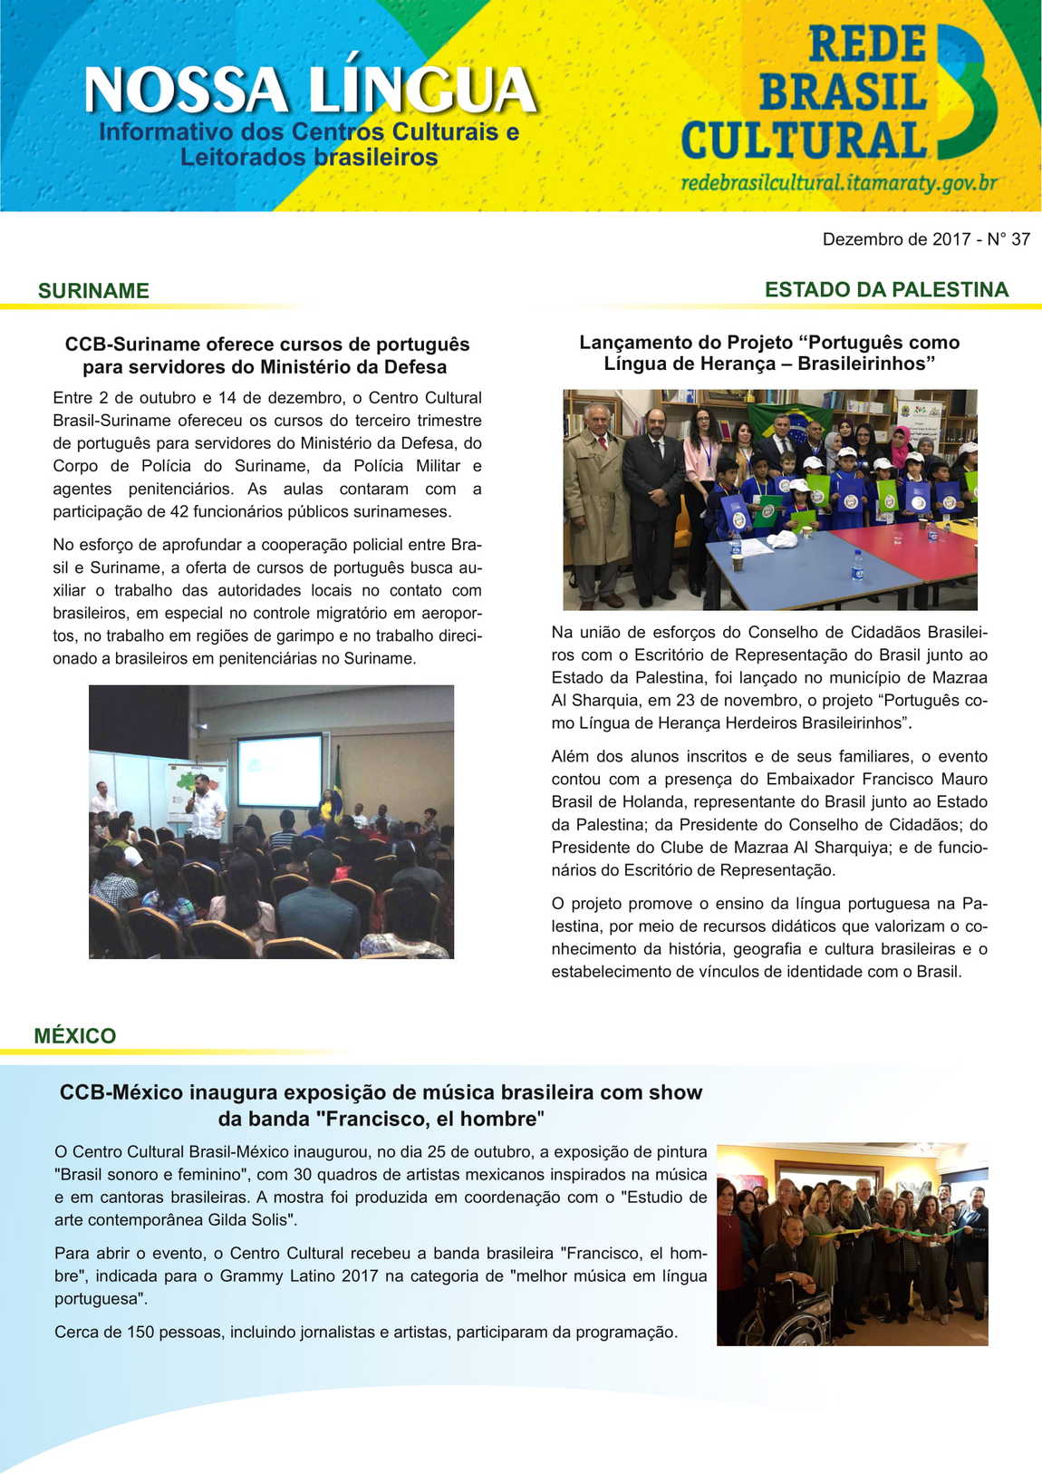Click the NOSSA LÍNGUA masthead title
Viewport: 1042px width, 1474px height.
click(x=311, y=91)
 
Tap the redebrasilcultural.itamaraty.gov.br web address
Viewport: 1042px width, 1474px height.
click(x=839, y=183)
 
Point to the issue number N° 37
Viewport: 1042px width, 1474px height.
click(x=1008, y=239)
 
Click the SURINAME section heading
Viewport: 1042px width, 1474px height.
click(x=93, y=291)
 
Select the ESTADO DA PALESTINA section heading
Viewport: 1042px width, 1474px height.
click(x=886, y=290)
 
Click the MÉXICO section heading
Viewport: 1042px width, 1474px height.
click(x=75, y=1036)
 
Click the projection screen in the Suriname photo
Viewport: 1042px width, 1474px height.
click(x=279, y=771)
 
